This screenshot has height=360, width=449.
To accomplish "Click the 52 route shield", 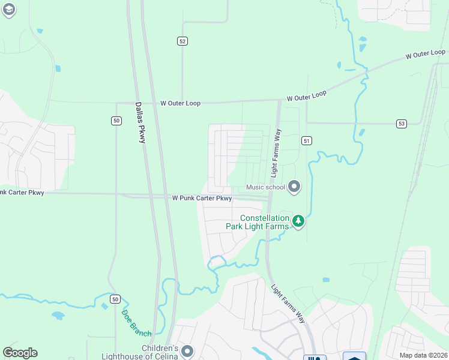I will (x=182, y=41).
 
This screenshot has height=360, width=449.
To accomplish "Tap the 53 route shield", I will (x=402, y=124).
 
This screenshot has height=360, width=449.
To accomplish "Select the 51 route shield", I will (x=307, y=140).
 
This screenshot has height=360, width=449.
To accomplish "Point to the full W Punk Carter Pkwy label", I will (x=202, y=198).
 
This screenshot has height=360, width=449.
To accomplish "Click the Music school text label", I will (x=266, y=188).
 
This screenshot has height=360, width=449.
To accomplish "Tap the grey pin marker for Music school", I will (x=294, y=187).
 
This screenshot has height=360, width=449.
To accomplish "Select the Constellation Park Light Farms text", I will (x=264, y=222).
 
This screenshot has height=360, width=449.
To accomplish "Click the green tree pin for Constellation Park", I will (x=298, y=221).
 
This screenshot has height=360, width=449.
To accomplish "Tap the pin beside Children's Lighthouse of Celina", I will (x=188, y=350).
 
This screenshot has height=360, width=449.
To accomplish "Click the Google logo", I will (x=20, y=352).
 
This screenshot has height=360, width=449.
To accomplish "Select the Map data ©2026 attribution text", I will (x=423, y=355).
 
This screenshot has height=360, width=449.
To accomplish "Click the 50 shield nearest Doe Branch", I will (x=115, y=299).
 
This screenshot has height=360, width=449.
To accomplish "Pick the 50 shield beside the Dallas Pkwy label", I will (x=116, y=121).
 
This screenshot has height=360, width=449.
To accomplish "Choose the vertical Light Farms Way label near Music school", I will (x=277, y=153).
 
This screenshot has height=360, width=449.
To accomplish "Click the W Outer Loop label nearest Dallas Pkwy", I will (x=180, y=103).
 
